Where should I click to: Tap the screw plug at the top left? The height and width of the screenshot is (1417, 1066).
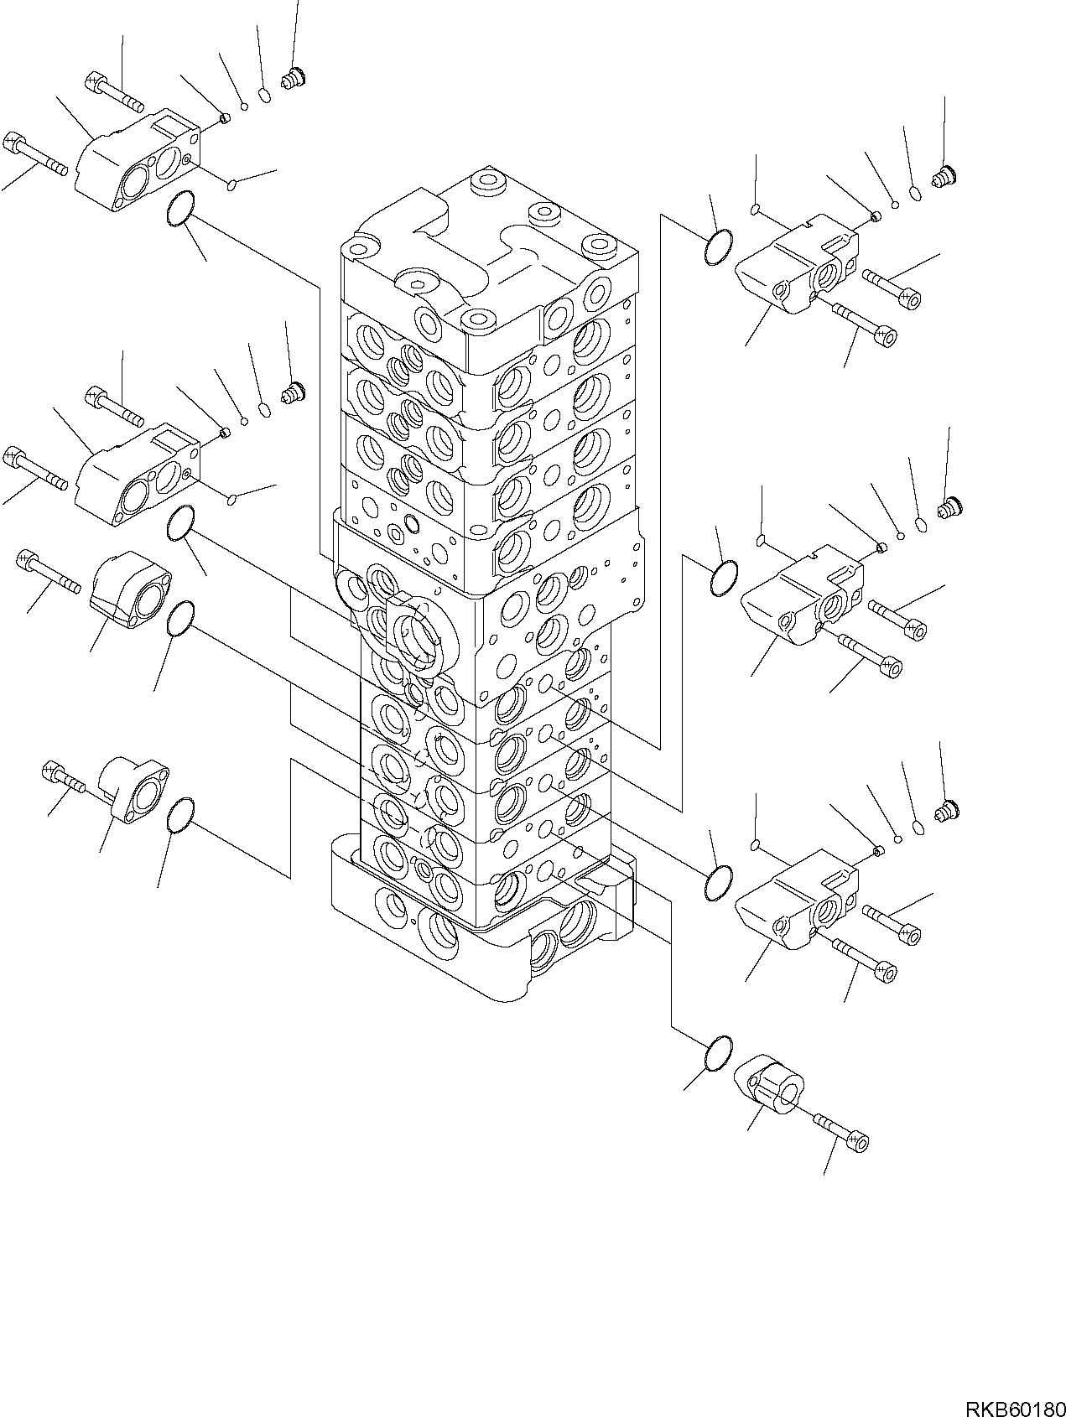point(293,80)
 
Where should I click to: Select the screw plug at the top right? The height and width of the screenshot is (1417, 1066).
point(945,176)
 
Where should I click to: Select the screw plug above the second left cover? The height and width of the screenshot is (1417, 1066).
point(293,392)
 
